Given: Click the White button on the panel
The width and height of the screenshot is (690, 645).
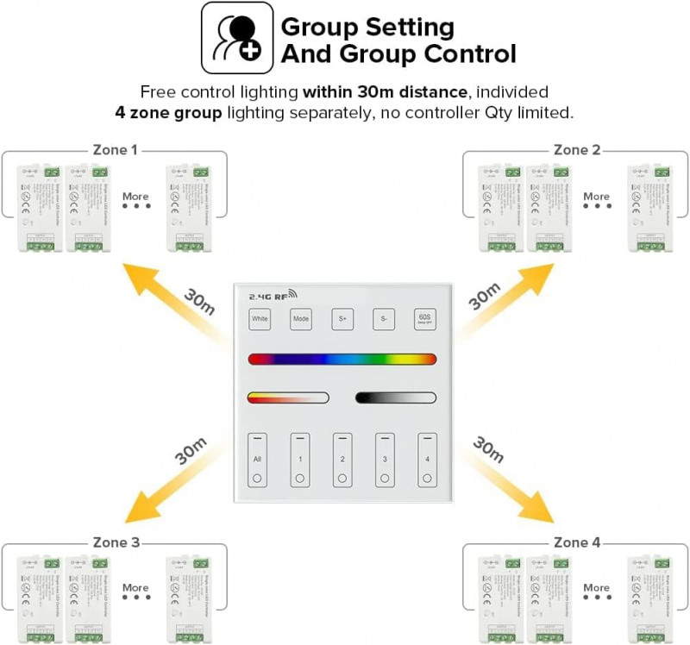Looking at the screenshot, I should point(260,319).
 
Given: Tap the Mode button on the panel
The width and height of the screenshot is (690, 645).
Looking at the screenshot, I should point(300,319).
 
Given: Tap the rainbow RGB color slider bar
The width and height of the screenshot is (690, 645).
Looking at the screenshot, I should point(342,359).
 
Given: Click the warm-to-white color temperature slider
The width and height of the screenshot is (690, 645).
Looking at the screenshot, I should point(288,398).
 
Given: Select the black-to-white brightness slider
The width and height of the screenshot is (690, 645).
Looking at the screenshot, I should point(397,398).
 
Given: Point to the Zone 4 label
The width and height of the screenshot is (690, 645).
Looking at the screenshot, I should point(576,542).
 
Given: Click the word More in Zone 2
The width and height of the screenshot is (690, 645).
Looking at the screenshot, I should point(596,197).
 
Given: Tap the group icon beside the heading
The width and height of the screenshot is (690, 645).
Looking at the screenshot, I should point(237,38).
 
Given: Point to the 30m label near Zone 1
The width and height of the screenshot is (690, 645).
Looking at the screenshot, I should point(198,298).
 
